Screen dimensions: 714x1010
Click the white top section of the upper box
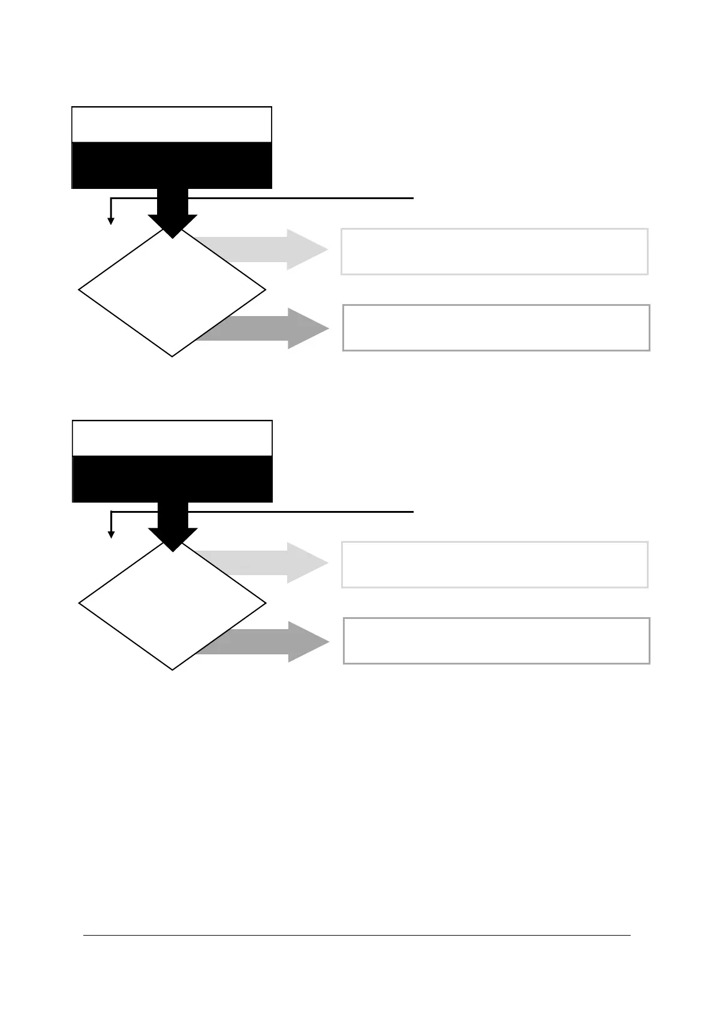[x=171, y=125]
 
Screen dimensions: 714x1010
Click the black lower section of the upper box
[x=171, y=166]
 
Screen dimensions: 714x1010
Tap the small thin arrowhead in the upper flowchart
[x=111, y=221]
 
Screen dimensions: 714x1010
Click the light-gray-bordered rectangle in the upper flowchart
[x=495, y=251]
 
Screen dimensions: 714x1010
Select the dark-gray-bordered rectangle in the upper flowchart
[x=496, y=327]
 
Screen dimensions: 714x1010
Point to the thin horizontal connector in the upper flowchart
[x=300, y=198]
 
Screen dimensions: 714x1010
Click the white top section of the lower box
[x=172, y=438]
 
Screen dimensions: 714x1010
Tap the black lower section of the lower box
[x=172, y=479]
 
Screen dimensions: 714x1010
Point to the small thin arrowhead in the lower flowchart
[x=111, y=534]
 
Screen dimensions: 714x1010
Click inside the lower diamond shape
[x=172, y=606]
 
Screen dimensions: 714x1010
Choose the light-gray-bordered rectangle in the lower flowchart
[x=495, y=564]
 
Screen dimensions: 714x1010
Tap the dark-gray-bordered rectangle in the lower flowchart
[x=496, y=641]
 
